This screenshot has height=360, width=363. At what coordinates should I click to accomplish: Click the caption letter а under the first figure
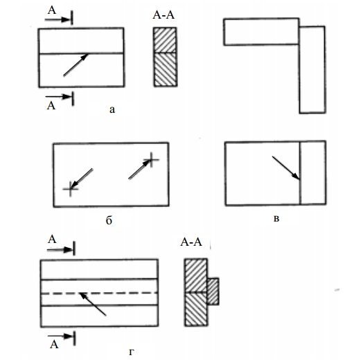112,109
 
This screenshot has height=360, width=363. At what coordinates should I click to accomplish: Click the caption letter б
109,220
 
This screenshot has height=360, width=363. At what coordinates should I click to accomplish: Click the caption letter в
276,219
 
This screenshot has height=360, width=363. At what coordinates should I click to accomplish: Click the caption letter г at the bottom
132,352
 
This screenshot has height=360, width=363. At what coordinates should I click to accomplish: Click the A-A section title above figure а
163,15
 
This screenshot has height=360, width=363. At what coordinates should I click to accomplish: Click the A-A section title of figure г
191,242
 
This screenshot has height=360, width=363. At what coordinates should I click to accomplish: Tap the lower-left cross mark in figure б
71,189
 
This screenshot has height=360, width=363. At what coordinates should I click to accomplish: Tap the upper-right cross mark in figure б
151,160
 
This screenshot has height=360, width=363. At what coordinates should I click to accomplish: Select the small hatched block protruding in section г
213,291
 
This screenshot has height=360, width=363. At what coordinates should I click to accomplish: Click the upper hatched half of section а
165,40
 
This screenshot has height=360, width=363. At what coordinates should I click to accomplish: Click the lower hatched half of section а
166,70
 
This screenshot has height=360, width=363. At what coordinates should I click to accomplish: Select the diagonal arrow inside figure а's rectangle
76,64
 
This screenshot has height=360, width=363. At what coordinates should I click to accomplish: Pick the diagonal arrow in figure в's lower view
286,168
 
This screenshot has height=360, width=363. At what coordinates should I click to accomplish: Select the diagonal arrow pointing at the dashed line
93,304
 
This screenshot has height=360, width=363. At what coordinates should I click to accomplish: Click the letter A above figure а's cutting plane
52,10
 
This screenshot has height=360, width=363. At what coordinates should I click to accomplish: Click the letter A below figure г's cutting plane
54,345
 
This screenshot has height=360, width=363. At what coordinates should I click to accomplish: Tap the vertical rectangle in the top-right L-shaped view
312,70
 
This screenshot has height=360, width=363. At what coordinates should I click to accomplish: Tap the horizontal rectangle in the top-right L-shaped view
261,31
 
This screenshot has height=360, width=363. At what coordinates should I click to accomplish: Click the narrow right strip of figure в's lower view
313,172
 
